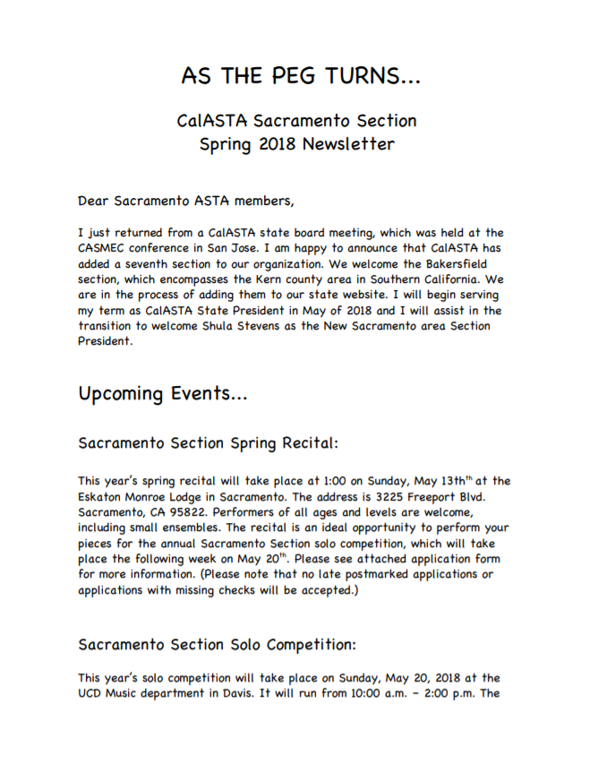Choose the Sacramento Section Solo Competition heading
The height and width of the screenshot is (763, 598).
point(216,644)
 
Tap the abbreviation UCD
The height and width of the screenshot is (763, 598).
point(93,694)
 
